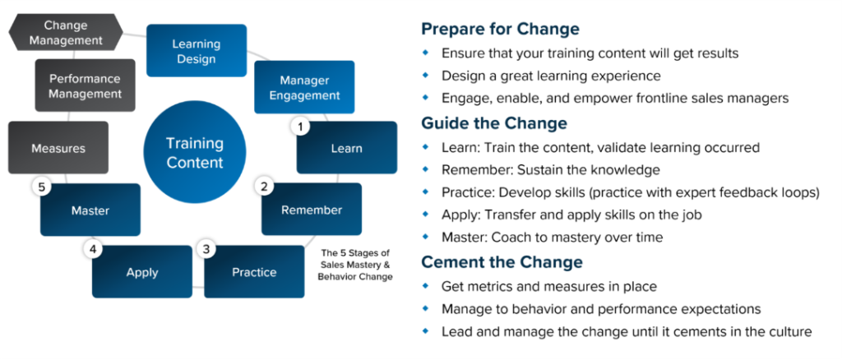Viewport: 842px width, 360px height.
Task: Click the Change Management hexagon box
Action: [x=66, y=32]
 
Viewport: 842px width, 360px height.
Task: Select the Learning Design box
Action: [x=197, y=50]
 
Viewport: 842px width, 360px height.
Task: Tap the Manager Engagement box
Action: [x=304, y=87]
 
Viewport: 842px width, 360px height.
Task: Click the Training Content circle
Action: [x=195, y=152]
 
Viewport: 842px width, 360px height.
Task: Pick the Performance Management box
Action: [x=85, y=85]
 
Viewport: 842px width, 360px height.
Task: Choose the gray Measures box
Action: [x=58, y=148]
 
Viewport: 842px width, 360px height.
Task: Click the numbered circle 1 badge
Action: [x=300, y=127]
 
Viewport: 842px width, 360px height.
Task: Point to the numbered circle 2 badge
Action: [x=264, y=187]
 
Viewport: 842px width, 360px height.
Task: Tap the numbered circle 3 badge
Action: [x=206, y=249]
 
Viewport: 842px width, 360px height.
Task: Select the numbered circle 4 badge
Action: [x=92, y=249]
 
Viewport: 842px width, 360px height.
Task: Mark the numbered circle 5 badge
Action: [x=41, y=187]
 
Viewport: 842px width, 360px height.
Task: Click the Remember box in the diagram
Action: [x=312, y=210]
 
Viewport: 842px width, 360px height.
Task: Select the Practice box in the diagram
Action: [x=254, y=271]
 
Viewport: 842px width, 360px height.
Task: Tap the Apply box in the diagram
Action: [x=142, y=271]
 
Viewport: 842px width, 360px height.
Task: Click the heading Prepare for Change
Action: [x=501, y=29]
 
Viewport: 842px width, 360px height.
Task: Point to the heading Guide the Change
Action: [x=494, y=123]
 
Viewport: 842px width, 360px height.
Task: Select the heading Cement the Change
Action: [x=502, y=262]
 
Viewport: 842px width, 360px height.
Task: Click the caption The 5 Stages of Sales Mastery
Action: [x=355, y=259]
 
